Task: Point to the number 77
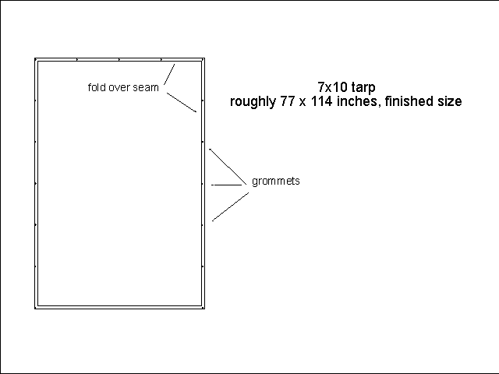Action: (287, 102)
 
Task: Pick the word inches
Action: (355, 102)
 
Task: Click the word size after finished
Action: (448, 102)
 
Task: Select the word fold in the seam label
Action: (97, 87)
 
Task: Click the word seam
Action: (147, 87)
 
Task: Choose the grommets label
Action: (275, 182)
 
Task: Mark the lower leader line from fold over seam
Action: (181, 103)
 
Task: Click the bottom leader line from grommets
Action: (230, 206)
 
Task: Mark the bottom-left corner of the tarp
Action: (36, 307)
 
